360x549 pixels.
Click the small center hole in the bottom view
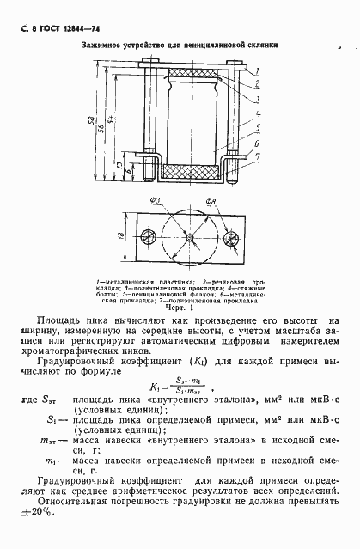[x=191, y=236]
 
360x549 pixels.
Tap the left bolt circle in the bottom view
[x=151, y=236]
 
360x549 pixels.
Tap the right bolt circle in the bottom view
[x=230, y=236]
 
